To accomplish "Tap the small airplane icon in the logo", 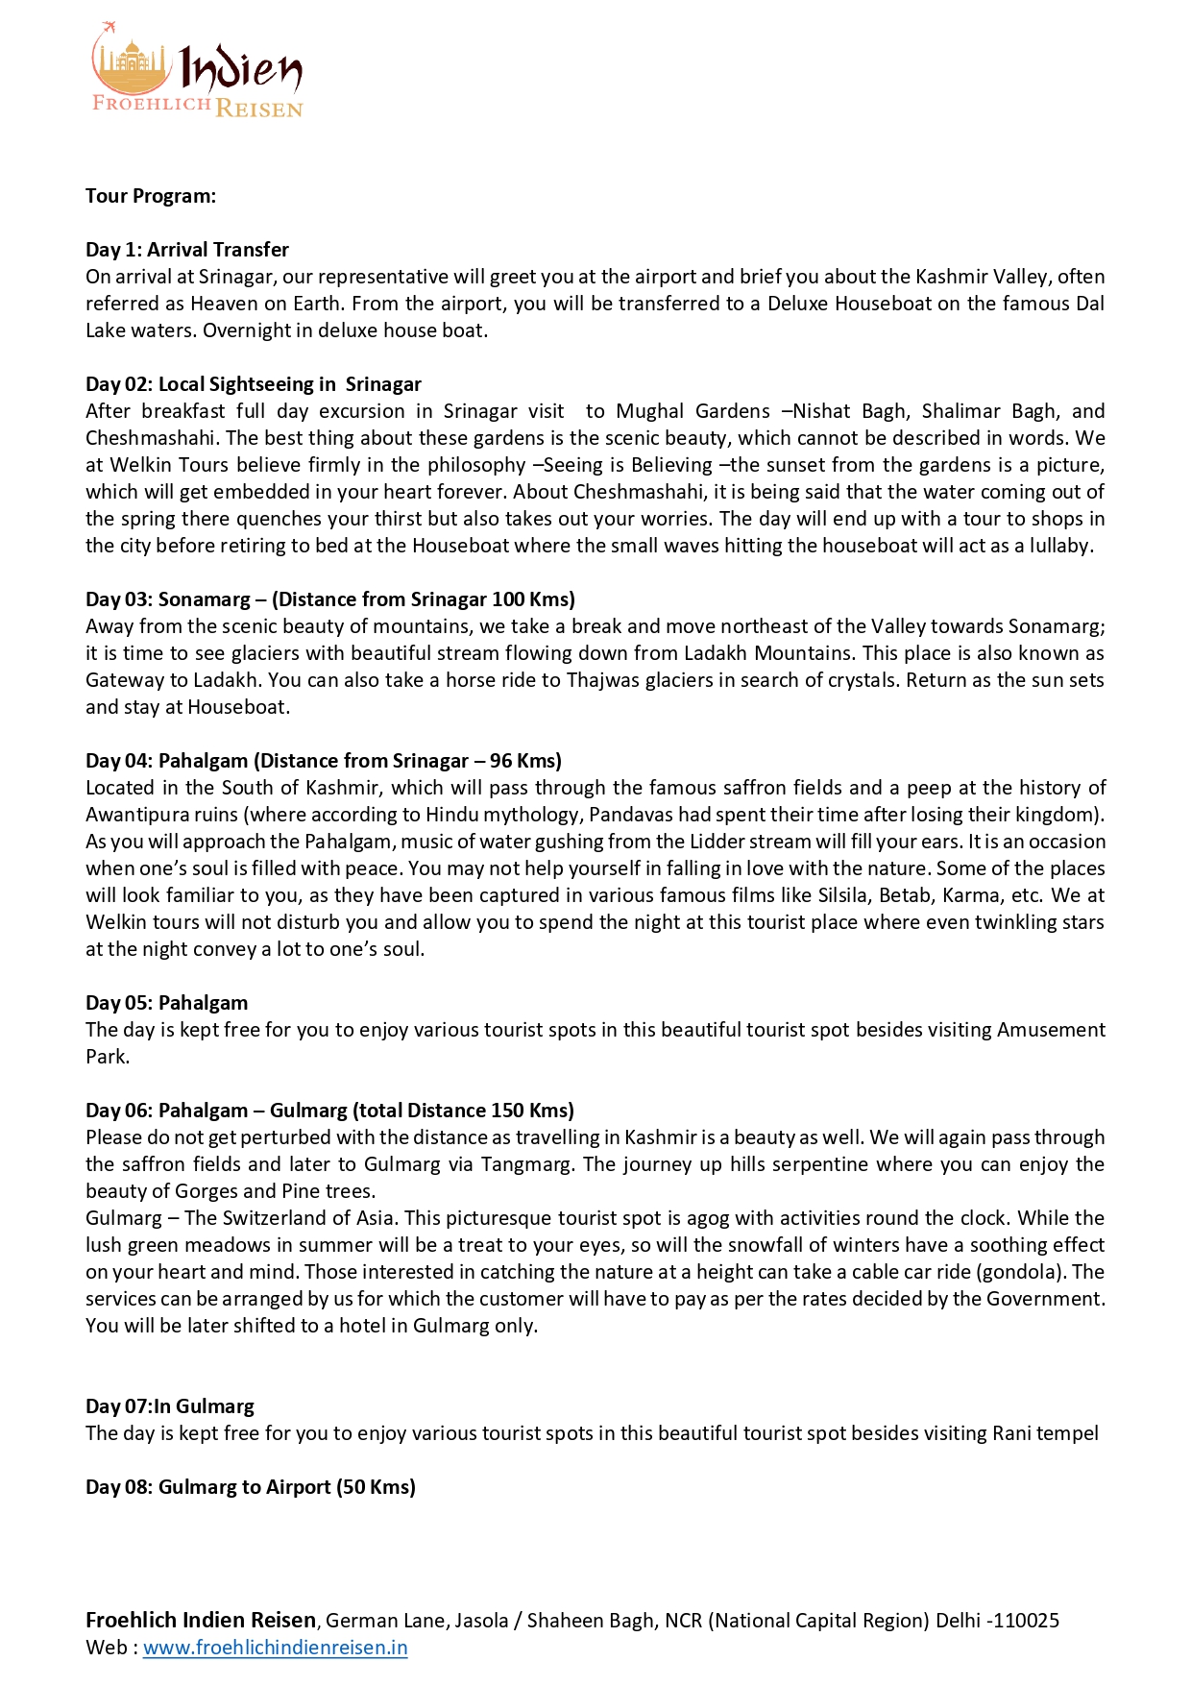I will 108,27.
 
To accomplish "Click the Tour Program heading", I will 151,196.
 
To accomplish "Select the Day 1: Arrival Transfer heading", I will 187,250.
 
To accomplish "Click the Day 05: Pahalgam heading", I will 167,1003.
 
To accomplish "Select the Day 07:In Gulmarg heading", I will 170,1406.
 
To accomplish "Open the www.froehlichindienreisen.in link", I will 276,1648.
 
